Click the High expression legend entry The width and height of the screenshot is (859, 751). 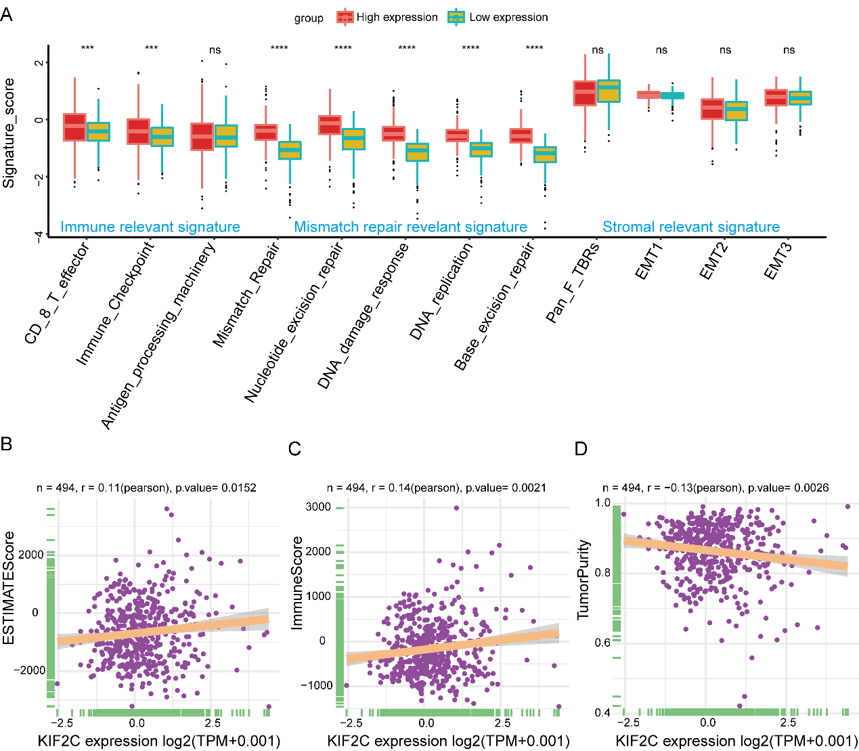click(387, 18)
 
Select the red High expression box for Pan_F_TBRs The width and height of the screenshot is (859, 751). click(584, 93)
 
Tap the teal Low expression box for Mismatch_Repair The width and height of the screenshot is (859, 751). click(290, 150)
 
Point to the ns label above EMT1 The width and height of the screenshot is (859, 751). click(661, 49)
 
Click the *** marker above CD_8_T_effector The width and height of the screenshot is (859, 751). click(87, 49)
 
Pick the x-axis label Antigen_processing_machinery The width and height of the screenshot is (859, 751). click(159, 335)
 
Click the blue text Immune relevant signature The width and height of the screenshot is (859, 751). click(150, 227)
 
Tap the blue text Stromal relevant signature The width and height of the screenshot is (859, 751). click(691, 227)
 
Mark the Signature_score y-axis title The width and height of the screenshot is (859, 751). click(9, 133)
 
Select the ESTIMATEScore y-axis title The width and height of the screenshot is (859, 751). click(9, 588)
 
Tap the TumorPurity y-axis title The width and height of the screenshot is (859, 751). click(583, 580)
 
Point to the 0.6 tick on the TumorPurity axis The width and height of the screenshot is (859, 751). click(602, 643)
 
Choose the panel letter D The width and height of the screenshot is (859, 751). click(581, 449)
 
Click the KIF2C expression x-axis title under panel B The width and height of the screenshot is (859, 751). click(159, 740)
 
